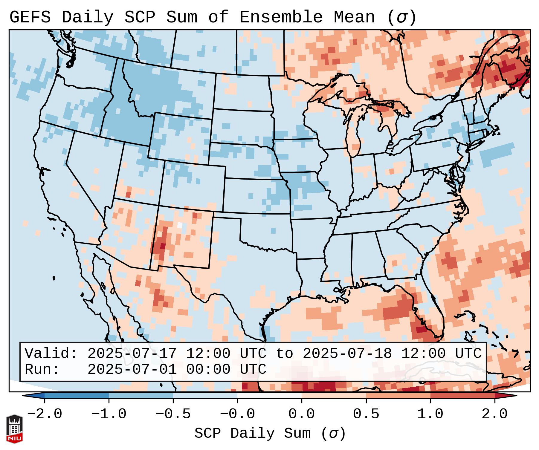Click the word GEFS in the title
point(30,17)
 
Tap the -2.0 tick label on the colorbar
point(45,414)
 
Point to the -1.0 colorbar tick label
point(109,414)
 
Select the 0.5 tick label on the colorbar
point(366,414)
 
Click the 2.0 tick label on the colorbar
point(495,414)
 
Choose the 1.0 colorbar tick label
point(430,414)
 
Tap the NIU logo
point(14,429)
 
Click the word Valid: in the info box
point(51,354)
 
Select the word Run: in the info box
point(42,369)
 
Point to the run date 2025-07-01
point(132,369)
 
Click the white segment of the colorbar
point(269,396)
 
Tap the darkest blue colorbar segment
point(77,396)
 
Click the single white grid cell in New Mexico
point(180,225)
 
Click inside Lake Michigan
point(354,134)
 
